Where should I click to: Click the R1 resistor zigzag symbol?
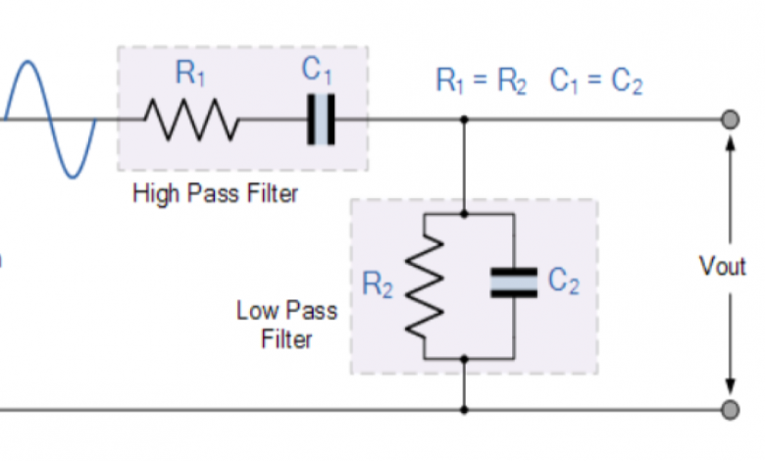pyautogui.click(x=191, y=120)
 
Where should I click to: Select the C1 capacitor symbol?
pyautogui.click(x=321, y=120)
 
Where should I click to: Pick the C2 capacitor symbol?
pyautogui.click(x=514, y=283)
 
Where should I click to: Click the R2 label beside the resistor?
pyautogui.click(x=378, y=284)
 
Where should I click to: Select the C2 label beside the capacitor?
pyautogui.click(x=563, y=283)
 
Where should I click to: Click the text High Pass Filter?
pyautogui.click(x=215, y=193)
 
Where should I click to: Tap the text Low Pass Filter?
pyautogui.click(x=286, y=326)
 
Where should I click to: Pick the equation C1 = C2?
pyautogui.click(x=595, y=82)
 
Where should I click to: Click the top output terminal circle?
pyautogui.click(x=730, y=120)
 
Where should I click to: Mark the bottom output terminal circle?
pyautogui.click(x=730, y=408)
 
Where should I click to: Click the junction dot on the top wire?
pyautogui.click(x=464, y=120)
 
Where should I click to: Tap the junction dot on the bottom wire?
pyautogui.click(x=464, y=408)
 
